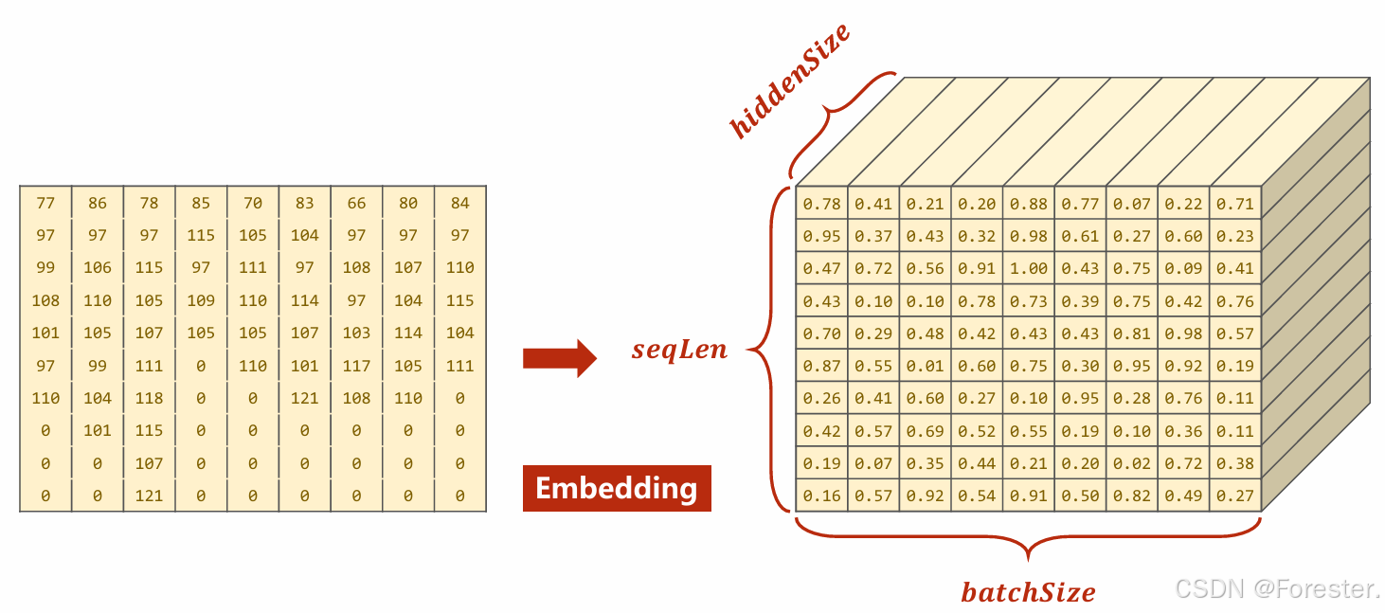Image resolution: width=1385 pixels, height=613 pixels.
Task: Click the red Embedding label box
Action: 616,488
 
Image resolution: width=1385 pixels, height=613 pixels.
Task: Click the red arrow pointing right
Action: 559,358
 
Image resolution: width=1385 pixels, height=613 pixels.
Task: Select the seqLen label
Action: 679,350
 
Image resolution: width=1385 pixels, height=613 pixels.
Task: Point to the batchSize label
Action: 1028,592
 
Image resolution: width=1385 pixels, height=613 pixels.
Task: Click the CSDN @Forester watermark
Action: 1277,588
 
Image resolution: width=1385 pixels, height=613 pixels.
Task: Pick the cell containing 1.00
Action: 1028,268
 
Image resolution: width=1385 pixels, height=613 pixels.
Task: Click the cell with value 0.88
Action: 1028,203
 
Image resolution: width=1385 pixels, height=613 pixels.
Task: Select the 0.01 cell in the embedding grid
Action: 925,366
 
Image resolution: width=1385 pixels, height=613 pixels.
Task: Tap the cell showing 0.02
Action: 1131,463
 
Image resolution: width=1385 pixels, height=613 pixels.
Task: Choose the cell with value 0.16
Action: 821,496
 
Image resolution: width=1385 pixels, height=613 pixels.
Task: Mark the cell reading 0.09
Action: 1183,268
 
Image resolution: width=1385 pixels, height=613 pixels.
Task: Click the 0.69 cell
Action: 925,431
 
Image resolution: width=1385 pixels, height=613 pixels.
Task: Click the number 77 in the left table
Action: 45,203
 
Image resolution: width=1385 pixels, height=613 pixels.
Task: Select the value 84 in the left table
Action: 459,203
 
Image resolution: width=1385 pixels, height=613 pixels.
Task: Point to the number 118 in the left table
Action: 149,398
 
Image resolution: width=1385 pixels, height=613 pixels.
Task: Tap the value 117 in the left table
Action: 356,366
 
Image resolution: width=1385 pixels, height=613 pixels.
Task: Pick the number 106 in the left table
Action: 98,267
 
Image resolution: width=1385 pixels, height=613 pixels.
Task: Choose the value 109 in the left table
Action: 201,300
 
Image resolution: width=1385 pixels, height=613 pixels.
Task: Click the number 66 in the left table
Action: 356,203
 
